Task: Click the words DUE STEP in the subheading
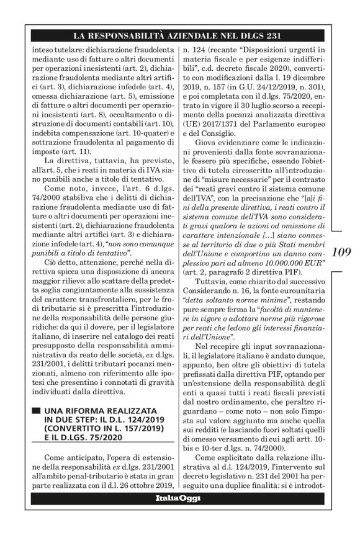73,421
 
